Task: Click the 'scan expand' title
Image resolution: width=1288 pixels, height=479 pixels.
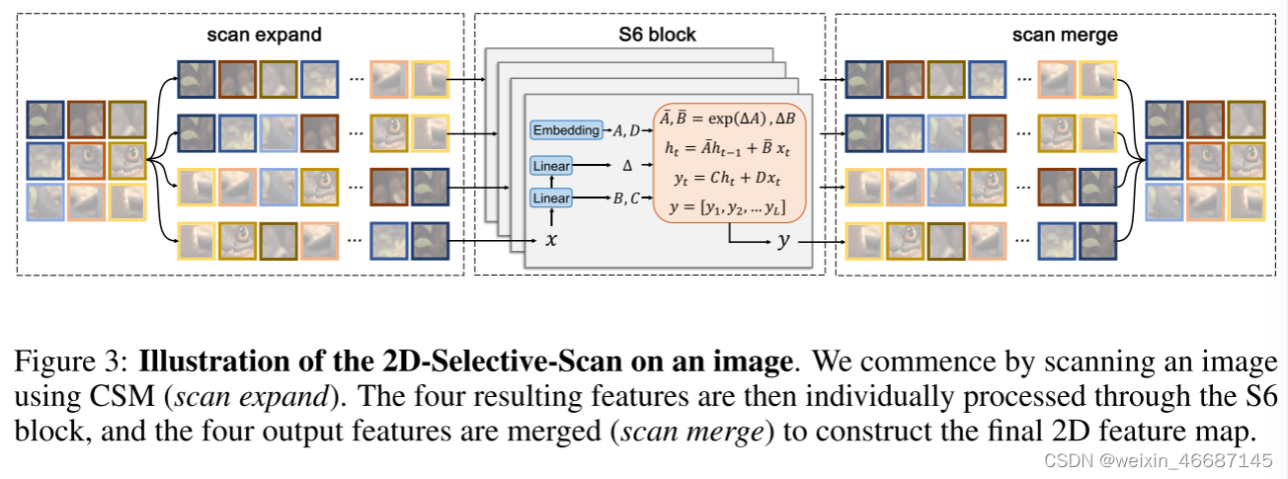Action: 264,36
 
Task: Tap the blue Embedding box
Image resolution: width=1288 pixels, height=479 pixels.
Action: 565,130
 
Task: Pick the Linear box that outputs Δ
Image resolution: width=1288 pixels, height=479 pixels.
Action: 551,166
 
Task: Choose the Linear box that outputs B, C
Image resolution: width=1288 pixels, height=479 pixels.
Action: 551,200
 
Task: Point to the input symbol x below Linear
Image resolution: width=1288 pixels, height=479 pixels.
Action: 551,240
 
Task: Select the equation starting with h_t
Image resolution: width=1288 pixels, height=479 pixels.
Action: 729,147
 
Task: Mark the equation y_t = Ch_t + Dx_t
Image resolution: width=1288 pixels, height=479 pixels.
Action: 729,178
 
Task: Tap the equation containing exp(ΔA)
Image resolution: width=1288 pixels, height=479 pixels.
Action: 729,119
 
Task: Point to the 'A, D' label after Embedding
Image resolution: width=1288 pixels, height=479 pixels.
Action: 627,130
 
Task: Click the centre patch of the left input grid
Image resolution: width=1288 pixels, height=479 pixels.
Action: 86,159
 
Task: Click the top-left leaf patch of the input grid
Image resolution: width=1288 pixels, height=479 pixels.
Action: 45,119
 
